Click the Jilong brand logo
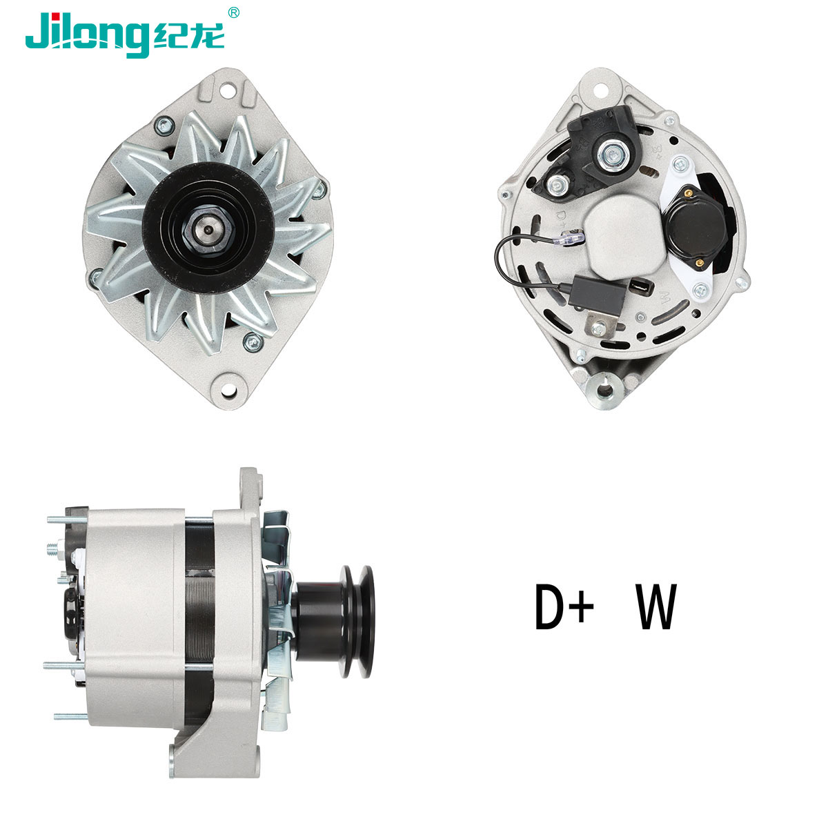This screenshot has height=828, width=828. tap(125, 34)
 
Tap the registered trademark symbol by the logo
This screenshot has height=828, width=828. tap(233, 12)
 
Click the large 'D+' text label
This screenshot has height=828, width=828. tap(564, 607)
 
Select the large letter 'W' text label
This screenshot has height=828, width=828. tap(656, 607)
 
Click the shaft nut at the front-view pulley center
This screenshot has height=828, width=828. tap(208, 229)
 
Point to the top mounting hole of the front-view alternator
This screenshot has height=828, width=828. tap(227, 90)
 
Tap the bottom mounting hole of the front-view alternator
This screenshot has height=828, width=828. tap(228, 390)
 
